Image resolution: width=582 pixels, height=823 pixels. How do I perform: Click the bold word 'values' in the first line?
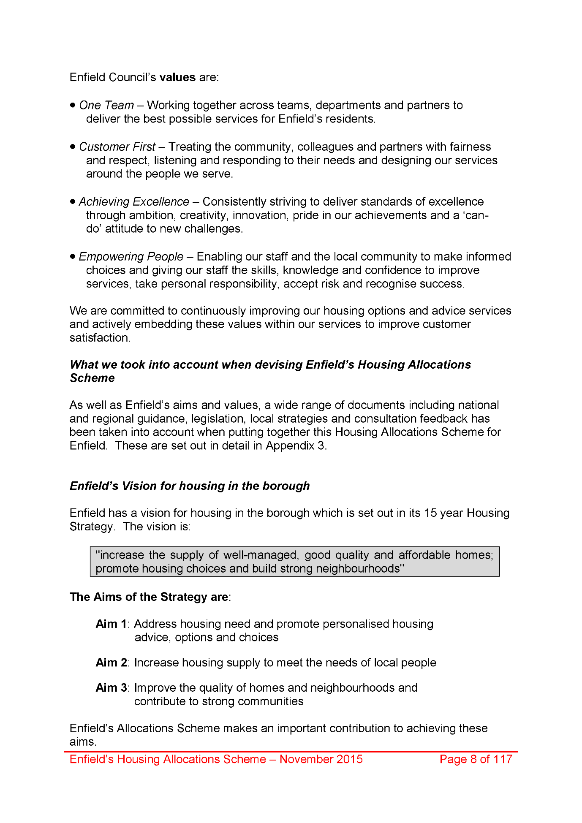tap(177, 77)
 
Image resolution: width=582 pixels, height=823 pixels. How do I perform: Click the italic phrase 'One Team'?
tap(106, 105)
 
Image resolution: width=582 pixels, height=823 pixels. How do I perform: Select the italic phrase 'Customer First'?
tap(117, 147)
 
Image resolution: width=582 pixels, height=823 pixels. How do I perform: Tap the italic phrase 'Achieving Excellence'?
tap(134, 201)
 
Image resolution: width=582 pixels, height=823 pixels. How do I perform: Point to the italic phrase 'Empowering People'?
tap(131, 256)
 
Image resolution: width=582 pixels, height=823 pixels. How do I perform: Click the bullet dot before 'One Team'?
tap(73, 105)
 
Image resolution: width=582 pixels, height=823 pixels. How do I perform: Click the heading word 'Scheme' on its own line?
tap(92, 378)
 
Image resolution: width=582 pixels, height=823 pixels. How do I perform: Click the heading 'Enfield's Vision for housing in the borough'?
tap(190, 486)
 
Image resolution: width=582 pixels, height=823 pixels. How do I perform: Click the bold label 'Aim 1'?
tap(111, 624)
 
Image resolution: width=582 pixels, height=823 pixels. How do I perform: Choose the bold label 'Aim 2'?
tap(111, 662)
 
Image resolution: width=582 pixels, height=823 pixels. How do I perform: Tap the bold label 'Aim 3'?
tap(111, 687)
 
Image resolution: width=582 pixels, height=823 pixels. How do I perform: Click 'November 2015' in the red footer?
tap(321, 759)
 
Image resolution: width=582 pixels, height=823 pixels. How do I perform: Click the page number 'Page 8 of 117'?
tap(476, 759)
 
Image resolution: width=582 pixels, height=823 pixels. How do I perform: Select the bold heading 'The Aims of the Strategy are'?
tap(149, 597)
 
